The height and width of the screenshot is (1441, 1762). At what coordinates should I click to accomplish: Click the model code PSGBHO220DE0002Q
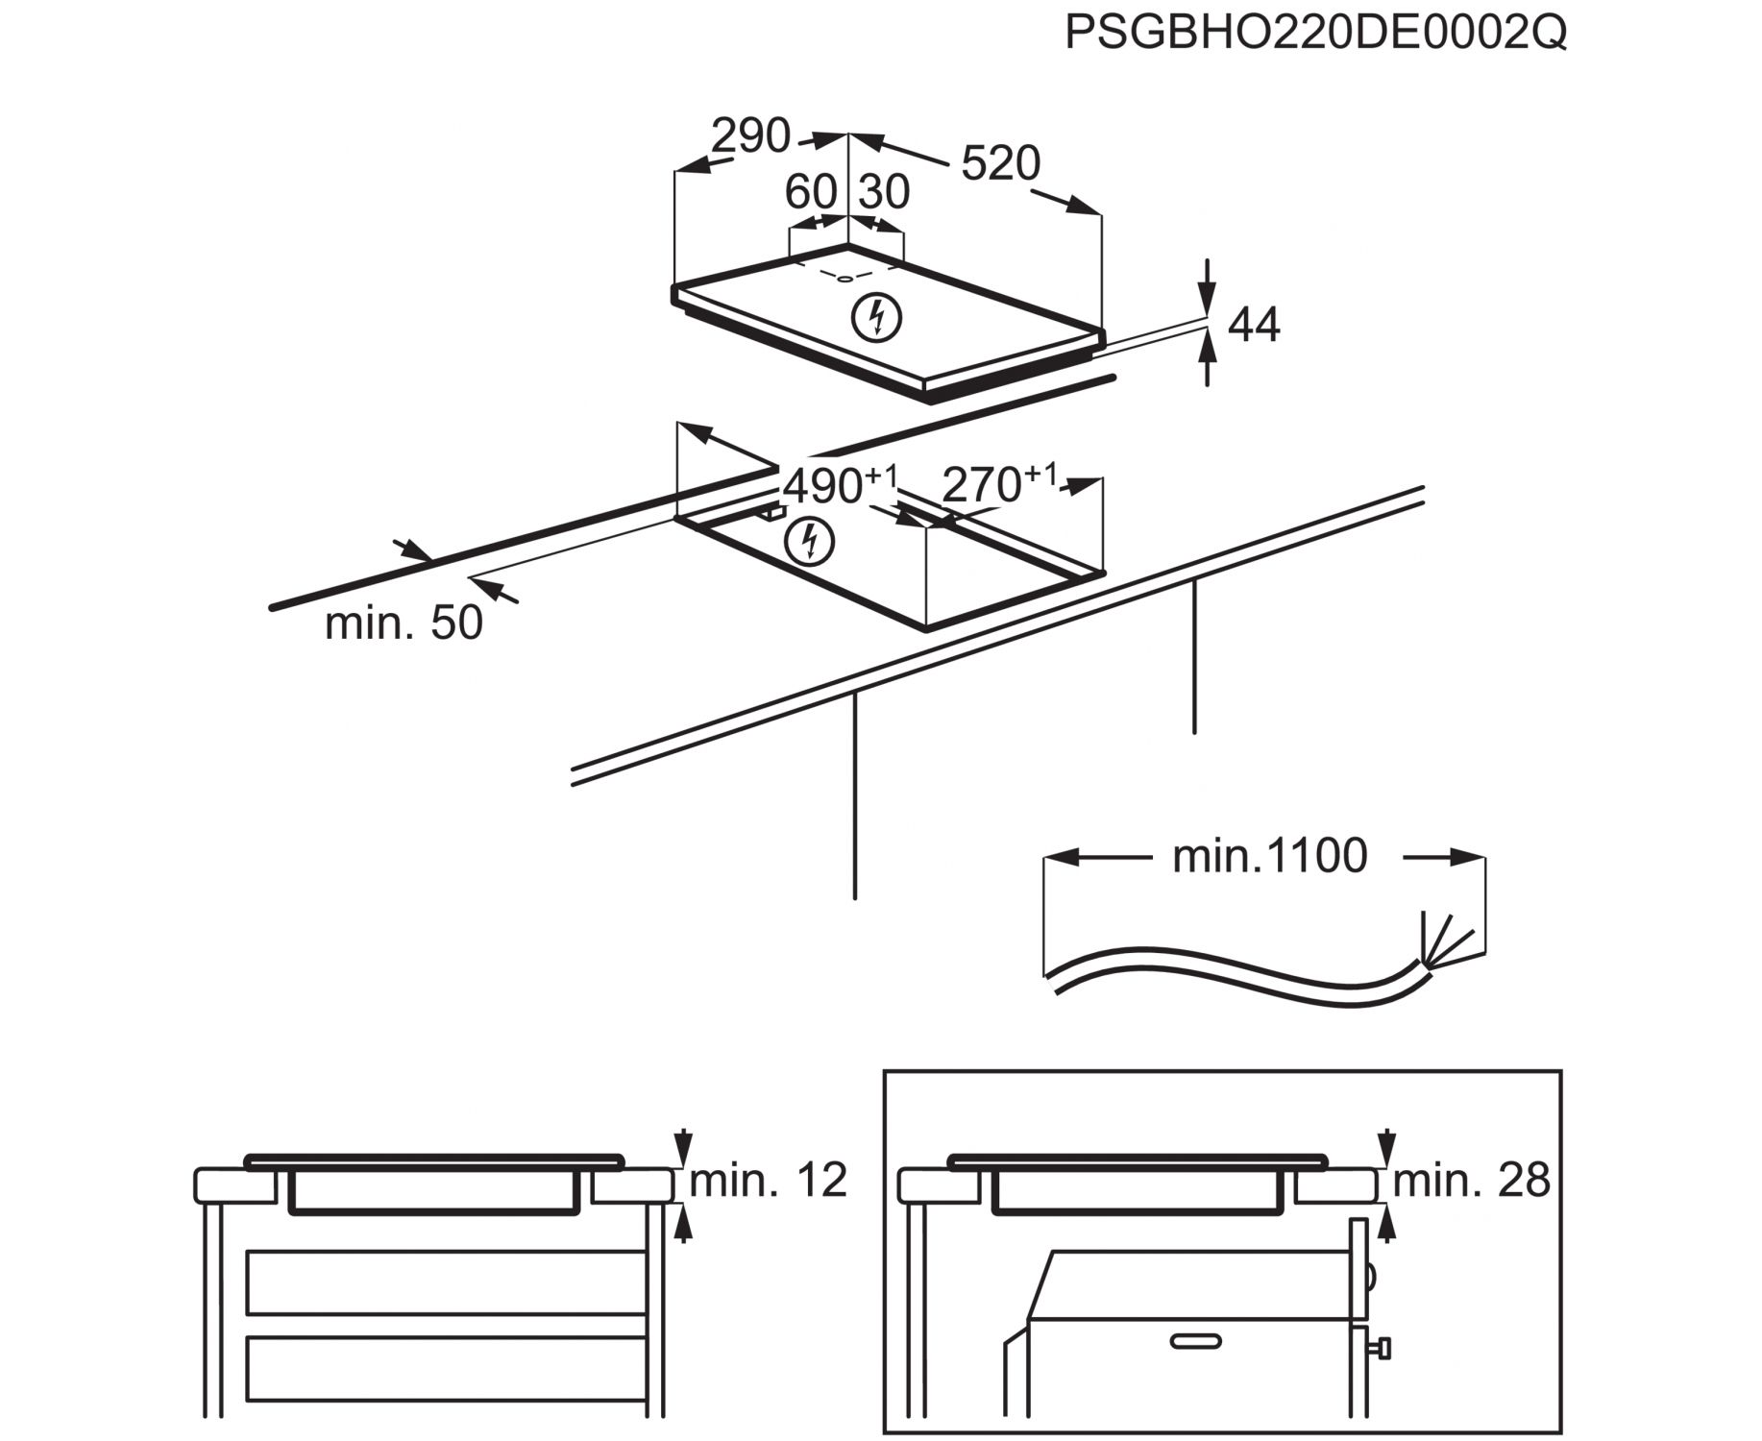[1315, 33]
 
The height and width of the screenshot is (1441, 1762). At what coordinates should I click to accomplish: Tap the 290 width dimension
[750, 136]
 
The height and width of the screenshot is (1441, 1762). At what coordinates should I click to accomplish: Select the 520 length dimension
[1000, 163]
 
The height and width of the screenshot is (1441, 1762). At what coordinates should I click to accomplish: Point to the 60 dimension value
[811, 192]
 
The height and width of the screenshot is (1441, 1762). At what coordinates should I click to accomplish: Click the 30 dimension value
[883, 192]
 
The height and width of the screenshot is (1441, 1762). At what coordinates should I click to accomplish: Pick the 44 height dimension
[1254, 326]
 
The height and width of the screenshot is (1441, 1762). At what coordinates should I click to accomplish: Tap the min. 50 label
[404, 623]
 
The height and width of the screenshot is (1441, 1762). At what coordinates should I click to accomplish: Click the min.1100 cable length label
[1269, 856]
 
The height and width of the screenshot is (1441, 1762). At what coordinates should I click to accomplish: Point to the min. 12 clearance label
[768, 1181]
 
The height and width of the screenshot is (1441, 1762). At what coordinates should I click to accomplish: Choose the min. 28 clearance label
[1471, 1181]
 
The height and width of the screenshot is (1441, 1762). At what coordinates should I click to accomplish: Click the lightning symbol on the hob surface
[877, 318]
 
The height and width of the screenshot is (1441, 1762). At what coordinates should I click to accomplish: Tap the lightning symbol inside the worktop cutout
[809, 543]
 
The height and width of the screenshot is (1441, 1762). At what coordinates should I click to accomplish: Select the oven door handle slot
[1195, 1340]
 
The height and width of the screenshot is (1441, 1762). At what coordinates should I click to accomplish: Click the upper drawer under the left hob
[446, 1282]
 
